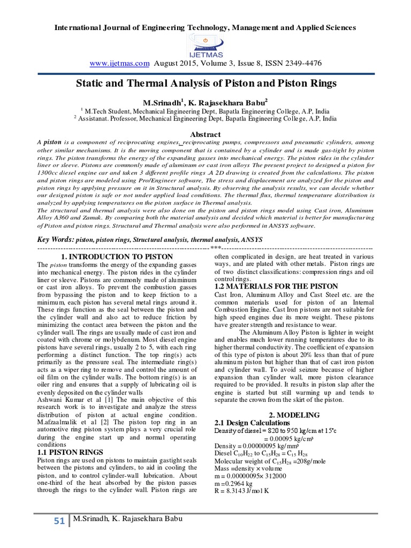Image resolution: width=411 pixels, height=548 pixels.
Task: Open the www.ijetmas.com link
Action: (x=119, y=63)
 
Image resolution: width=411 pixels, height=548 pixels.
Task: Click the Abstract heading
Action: (x=205, y=134)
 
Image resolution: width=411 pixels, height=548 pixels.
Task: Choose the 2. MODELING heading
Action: (x=294, y=415)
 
